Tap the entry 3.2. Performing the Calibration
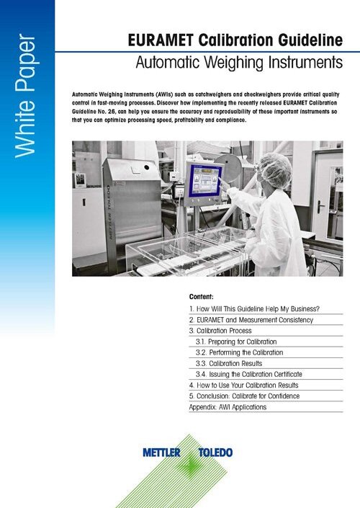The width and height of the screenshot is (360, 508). click(239, 352)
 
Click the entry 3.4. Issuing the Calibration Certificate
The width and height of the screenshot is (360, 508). click(248, 375)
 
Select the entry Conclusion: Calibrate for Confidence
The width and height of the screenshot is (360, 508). click(250, 396)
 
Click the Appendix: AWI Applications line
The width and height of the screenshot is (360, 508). click(227, 407)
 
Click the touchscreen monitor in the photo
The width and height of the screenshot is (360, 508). click(204, 180)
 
